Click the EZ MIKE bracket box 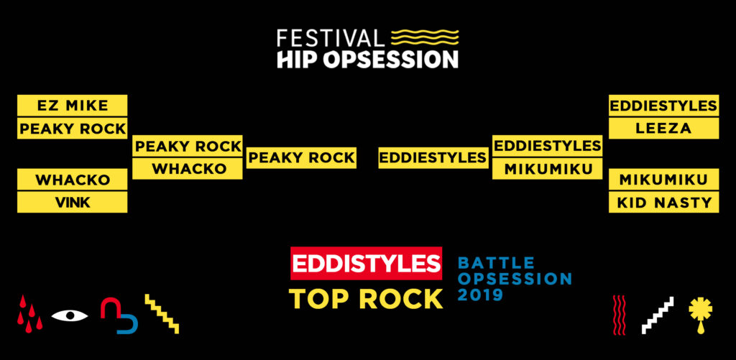73,105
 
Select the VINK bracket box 73,203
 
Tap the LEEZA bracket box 663,128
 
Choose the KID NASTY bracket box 663,203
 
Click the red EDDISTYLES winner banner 366,263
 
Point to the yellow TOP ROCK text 366,298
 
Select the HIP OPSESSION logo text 367,60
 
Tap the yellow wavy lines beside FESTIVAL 425,37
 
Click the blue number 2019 480,295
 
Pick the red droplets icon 29,313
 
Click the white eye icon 70,316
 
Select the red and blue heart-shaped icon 119,315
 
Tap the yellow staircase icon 162,313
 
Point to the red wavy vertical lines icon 620,315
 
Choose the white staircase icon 658,315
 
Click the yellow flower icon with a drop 700,314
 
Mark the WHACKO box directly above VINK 73,180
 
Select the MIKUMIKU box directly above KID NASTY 663,180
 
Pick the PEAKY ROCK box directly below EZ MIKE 73,128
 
